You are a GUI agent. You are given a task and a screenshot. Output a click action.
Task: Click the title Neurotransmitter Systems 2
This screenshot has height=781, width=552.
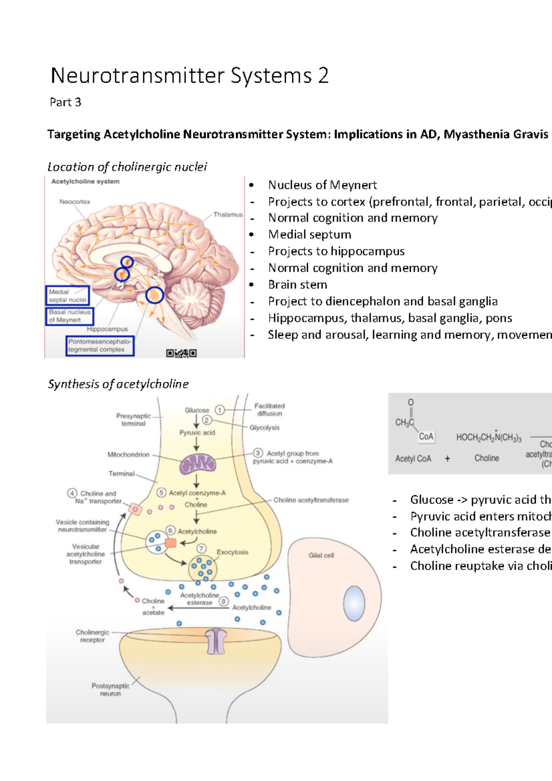coord(190,76)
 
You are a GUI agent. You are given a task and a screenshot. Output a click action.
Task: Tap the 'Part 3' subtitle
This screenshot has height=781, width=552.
coord(65,102)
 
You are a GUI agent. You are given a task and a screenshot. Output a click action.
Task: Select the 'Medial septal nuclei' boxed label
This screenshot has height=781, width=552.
coord(68,296)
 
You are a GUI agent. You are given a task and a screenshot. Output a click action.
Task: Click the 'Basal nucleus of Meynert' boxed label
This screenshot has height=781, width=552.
coord(69,316)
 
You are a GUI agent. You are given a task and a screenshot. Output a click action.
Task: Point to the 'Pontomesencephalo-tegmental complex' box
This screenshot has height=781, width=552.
coord(100,345)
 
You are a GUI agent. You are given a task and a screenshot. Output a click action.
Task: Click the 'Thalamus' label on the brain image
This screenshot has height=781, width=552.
coord(228,214)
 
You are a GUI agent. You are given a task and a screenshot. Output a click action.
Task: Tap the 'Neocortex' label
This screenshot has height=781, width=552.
coord(75,201)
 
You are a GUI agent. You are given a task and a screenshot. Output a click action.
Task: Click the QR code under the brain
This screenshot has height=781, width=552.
coord(182,353)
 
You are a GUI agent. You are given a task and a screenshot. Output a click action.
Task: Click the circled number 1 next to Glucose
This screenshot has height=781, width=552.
coord(219,410)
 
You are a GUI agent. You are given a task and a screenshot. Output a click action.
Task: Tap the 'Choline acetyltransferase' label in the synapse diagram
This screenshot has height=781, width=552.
coord(311,500)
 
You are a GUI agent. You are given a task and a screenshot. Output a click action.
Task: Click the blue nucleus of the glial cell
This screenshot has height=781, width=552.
coord(354,603)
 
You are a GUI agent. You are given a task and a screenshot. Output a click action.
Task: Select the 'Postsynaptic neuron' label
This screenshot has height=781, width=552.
coord(110,689)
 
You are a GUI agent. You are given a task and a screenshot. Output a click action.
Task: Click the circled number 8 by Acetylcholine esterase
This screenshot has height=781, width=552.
coord(224,602)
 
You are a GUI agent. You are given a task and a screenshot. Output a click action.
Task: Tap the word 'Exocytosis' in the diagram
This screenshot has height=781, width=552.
coord(232,552)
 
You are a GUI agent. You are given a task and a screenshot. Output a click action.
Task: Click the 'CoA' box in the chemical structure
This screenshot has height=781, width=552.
coord(426,436)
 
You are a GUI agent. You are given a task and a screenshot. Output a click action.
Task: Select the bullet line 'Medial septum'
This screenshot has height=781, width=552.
coord(310,235)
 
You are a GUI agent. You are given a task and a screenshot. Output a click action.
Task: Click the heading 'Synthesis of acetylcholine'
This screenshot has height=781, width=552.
coord(118,384)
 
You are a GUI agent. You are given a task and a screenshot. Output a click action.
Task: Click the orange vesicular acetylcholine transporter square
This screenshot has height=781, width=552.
coord(170,543)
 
